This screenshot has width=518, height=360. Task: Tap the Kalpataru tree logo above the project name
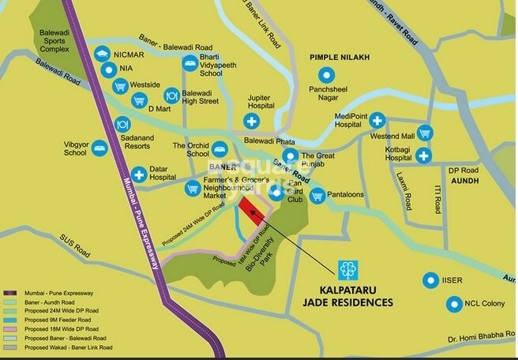tap(347, 271)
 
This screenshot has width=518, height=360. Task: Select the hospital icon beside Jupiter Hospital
tap(252, 121)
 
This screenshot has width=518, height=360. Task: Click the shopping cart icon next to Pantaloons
tap(317, 195)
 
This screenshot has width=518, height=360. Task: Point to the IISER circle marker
tap(430, 279)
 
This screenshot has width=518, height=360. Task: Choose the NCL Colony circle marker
tap(453, 303)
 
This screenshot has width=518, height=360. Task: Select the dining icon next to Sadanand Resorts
tap(122, 124)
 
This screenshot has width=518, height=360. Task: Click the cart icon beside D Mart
tap(139, 101)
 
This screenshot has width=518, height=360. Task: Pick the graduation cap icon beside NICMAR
tap(101, 54)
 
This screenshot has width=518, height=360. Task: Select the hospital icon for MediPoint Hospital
tap(377, 121)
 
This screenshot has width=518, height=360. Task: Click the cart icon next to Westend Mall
tap(425, 133)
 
